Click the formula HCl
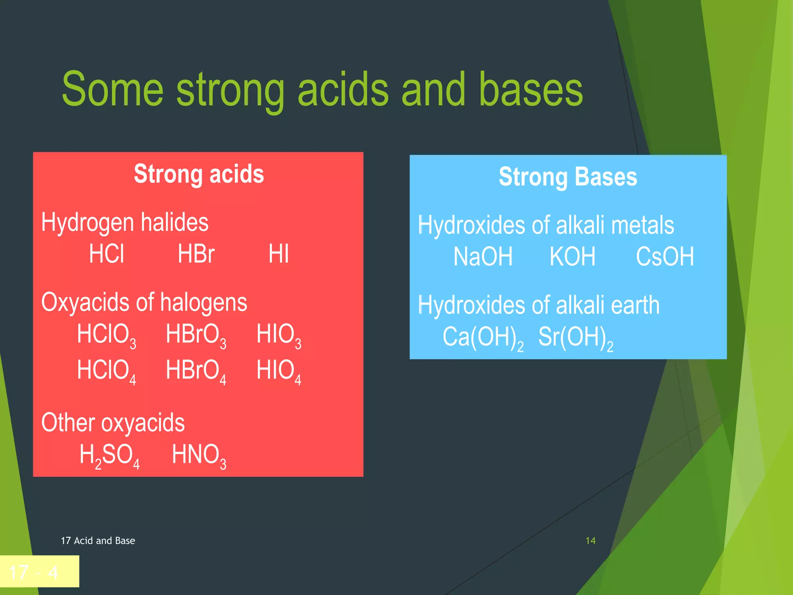point(106,254)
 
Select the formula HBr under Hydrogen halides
point(196,254)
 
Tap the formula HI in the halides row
point(278,254)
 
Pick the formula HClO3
point(106,335)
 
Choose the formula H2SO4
point(109,456)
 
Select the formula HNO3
point(199,456)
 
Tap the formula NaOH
point(483,257)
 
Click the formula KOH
point(572,257)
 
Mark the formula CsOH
point(664,257)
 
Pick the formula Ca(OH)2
point(482,338)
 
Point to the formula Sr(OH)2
point(575,338)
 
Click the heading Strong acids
point(199,174)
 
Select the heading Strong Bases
point(568,177)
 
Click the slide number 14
point(590,541)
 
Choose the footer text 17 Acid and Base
point(98,541)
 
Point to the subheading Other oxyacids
point(113,423)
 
